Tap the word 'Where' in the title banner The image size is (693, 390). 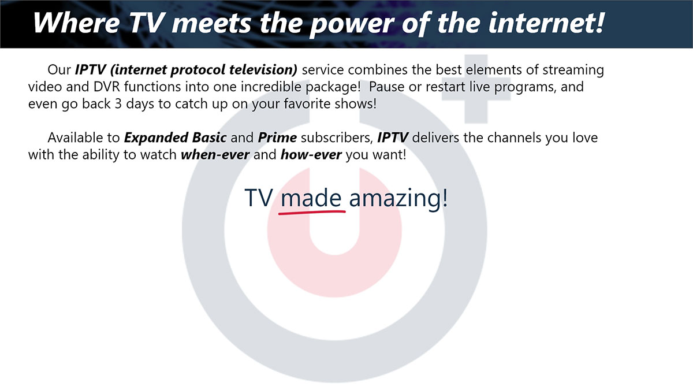coord(76,23)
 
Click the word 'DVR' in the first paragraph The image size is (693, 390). coord(106,87)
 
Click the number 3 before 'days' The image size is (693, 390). coord(118,104)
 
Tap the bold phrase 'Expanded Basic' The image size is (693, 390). coord(175,138)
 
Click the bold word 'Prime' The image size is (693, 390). coord(277,138)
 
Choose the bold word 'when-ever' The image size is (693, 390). coord(215,154)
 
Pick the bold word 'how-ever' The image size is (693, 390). coord(311,154)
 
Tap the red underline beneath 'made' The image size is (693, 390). coord(312,212)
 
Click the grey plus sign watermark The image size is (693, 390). coord(476,89)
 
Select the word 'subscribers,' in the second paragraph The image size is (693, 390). coord(337,138)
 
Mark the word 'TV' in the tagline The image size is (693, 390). coord(259,198)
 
